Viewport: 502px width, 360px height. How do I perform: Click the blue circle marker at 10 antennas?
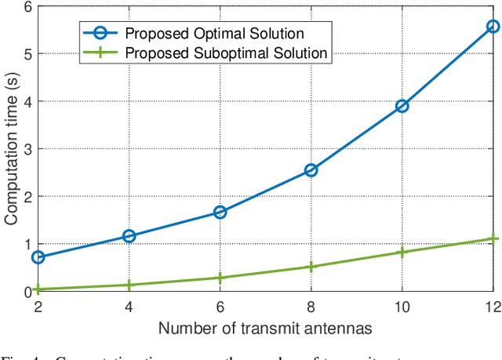[x=402, y=106]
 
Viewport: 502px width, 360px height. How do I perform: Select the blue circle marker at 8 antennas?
[x=311, y=169]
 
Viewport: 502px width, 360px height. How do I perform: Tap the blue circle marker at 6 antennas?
[x=220, y=212]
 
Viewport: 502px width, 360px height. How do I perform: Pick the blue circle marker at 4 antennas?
[x=129, y=236]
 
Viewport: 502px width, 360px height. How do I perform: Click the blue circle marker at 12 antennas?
[x=493, y=27]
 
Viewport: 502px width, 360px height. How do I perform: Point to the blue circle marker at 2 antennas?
[x=38, y=257]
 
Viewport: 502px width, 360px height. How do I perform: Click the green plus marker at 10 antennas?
[x=402, y=252]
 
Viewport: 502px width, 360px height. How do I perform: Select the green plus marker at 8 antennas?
[x=311, y=267]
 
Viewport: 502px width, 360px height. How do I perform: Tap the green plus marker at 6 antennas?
[x=220, y=278]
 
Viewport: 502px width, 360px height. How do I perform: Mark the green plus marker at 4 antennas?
[x=129, y=285]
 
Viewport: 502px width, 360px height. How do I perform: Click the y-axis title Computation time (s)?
[x=11, y=149]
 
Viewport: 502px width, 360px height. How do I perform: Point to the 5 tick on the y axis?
[x=25, y=54]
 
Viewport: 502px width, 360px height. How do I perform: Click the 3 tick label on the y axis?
[x=25, y=149]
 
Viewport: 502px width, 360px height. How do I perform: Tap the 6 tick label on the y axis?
[x=25, y=7]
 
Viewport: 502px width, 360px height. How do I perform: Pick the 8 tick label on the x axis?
[x=311, y=307]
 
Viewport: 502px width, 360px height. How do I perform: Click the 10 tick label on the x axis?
[x=402, y=307]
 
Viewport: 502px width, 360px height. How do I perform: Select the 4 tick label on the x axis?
[x=129, y=307]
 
